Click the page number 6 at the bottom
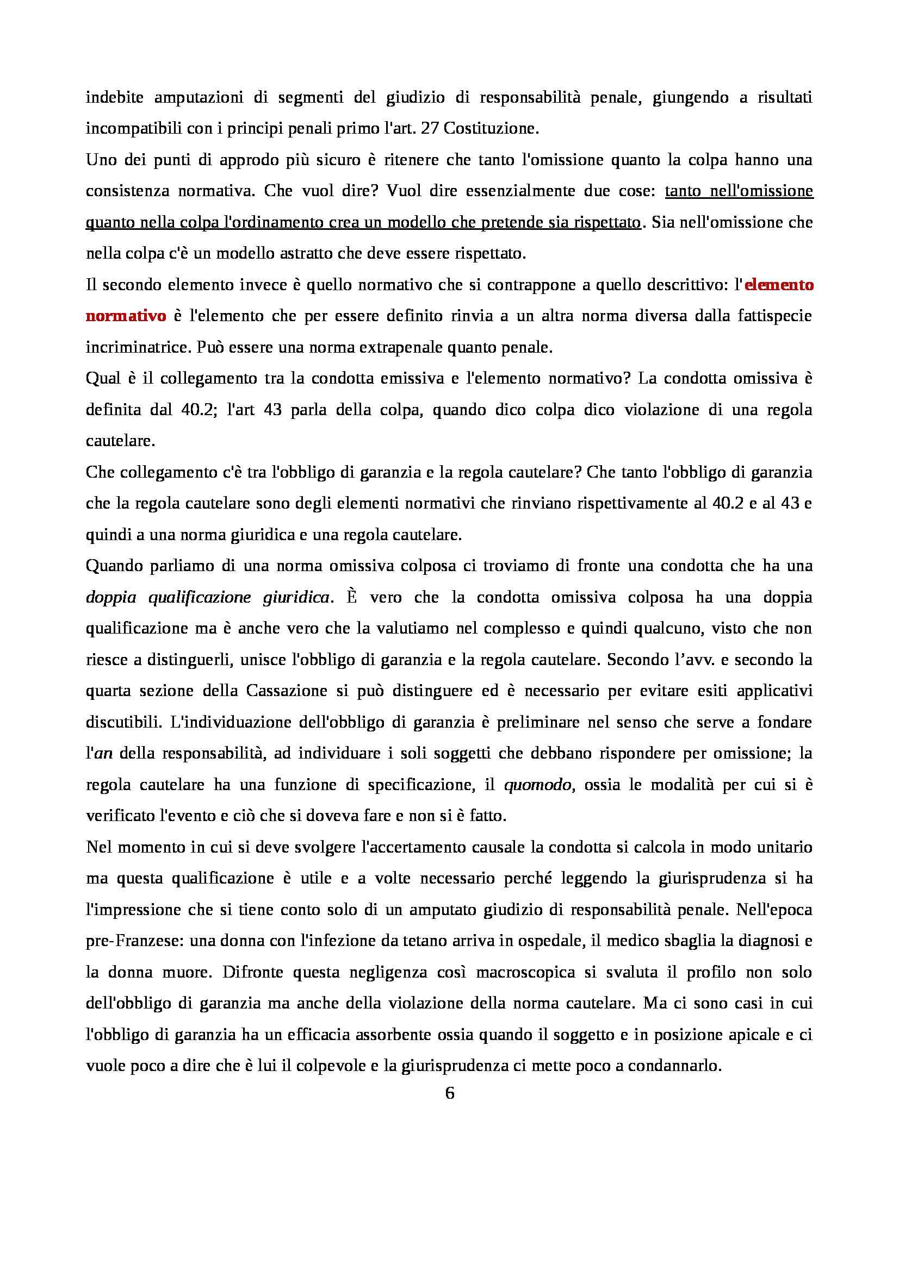click(x=449, y=1093)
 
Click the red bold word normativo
click(x=126, y=316)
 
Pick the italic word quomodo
click(x=537, y=785)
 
